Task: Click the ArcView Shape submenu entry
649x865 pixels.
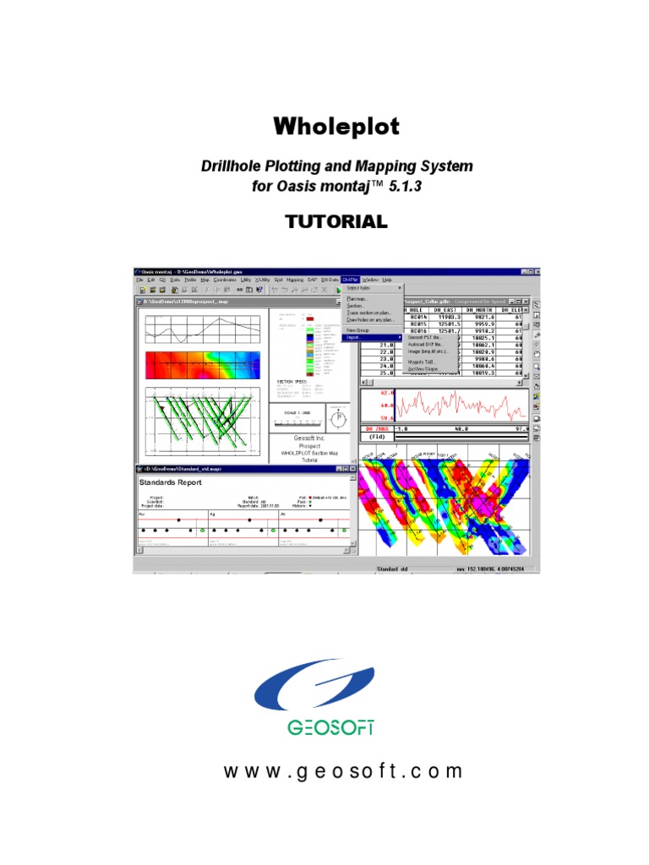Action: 405,369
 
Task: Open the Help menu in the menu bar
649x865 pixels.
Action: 387,279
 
